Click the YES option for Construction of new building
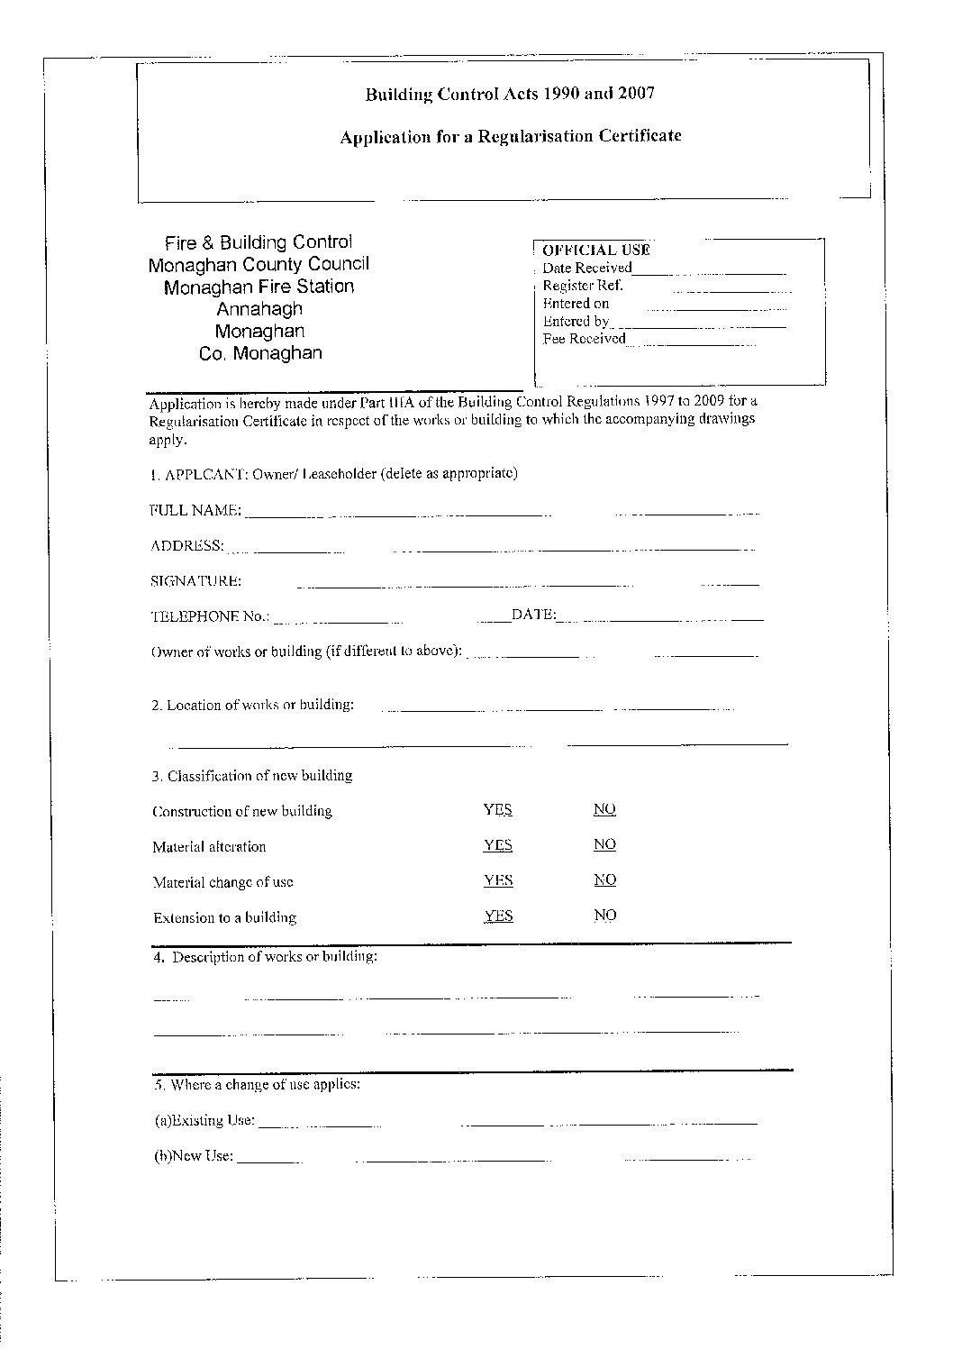click(x=497, y=809)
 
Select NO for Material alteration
click(x=604, y=844)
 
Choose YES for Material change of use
click(x=497, y=880)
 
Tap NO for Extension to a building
click(x=604, y=915)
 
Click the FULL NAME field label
click(x=195, y=510)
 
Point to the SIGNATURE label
click(x=195, y=581)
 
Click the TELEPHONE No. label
click(x=209, y=616)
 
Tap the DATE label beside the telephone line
click(x=533, y=615)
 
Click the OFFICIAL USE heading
click(x=595, y=250)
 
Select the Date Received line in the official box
click(x=587, y=268)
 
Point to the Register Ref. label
click(x=582, y=286)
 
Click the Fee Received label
click(x=584, y=339)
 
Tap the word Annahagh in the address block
click(x=259, y=309)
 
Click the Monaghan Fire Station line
click(x=259, y=287)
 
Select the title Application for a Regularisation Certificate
click(x=510, y=136)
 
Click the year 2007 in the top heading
click(x=636, y=93)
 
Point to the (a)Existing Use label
click(x=204, y=1121)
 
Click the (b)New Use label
click(x=194, y=1156)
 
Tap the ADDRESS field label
click(x=186, y=545)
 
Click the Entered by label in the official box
click(x=576, y=321)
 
